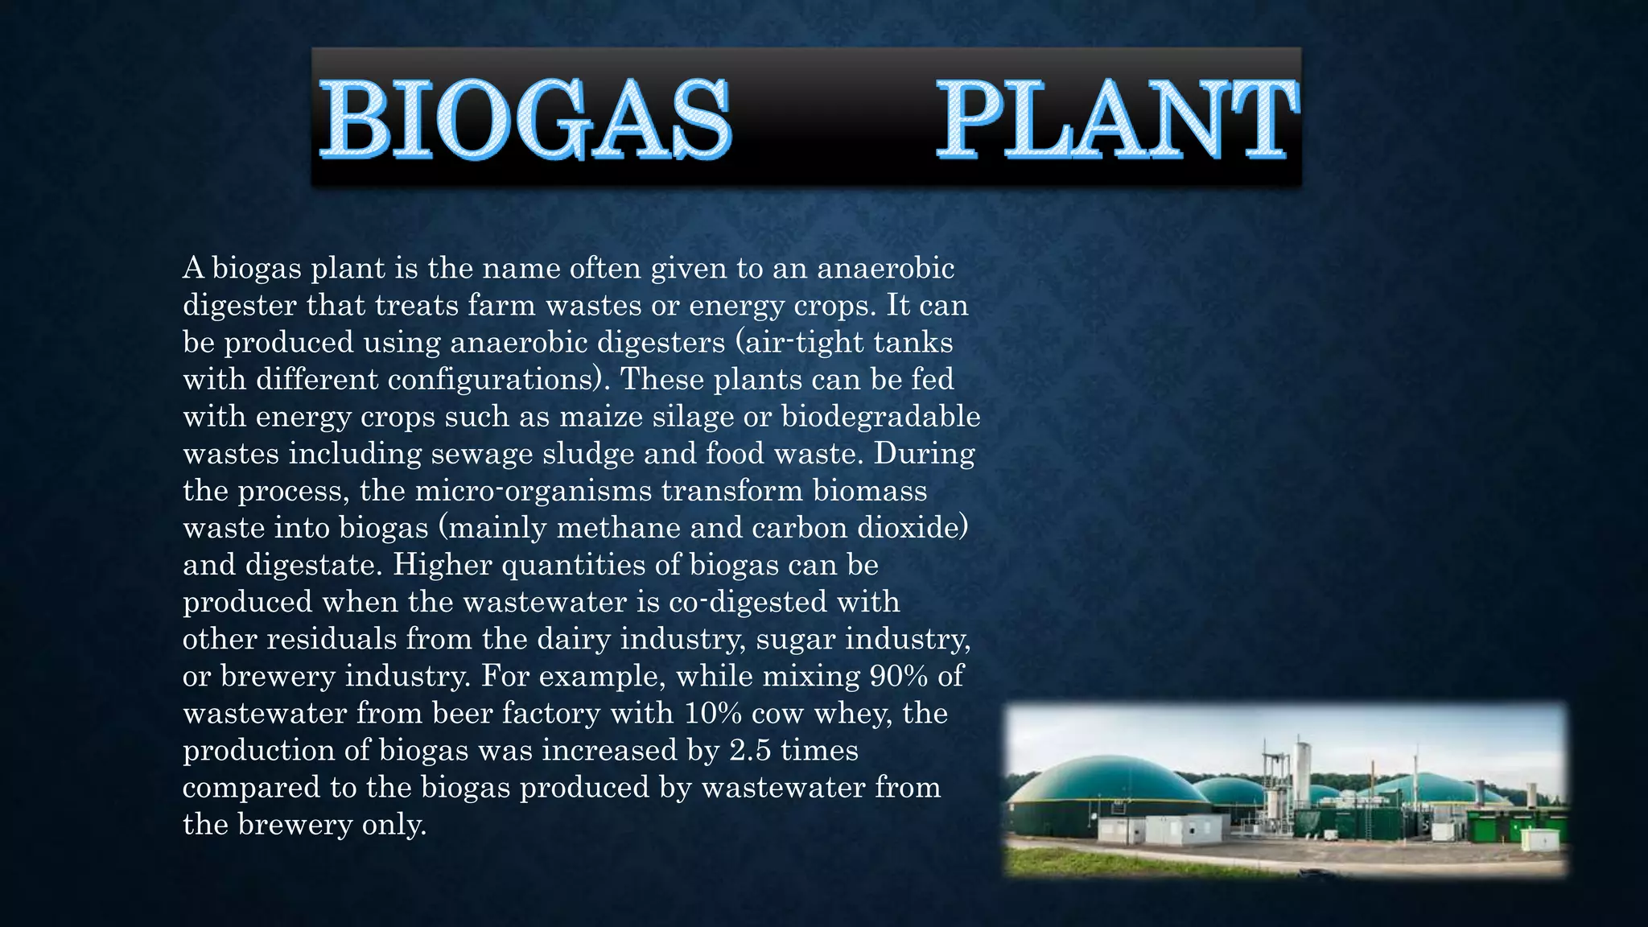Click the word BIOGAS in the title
click(525, 118)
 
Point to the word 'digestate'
click(314, 565)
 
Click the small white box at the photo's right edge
click(1539, 839)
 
